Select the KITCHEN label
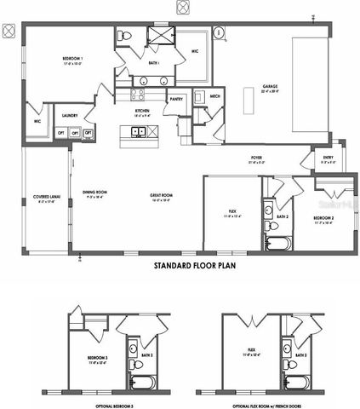[142, 111]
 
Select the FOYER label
[255, 158]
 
